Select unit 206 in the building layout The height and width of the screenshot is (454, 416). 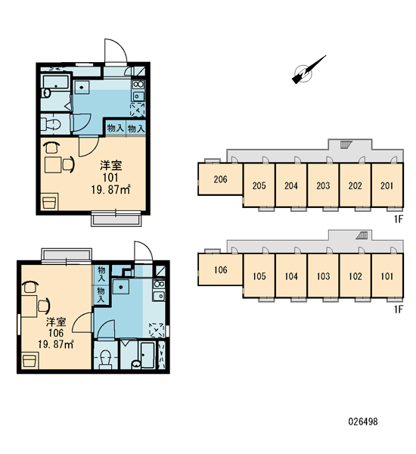point(220,179)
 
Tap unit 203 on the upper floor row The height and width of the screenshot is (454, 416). point(323,185)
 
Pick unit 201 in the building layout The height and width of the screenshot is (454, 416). point(387,185)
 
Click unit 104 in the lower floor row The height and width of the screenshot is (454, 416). point(291,276)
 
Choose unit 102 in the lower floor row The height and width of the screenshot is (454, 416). point(355,276)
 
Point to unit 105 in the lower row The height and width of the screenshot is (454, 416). point(259,276)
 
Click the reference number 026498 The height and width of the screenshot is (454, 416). point(363,421)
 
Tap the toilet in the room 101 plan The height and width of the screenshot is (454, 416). point(51,125)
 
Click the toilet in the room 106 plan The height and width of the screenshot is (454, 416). point(105,359)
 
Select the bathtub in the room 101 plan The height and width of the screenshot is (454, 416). point(55,82)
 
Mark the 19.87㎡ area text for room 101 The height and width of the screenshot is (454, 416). point(110,190)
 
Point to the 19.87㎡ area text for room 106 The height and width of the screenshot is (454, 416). point(55,344)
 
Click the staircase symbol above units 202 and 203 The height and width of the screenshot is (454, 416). point(345,145)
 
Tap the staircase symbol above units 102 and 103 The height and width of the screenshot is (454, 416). point(362,235)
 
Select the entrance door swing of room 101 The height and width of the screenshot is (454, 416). point(116,51)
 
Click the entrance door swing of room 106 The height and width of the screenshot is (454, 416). point(143,251)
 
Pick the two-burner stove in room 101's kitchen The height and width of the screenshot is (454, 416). point(138,84)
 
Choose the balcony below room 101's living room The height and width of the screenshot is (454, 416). point(116,219)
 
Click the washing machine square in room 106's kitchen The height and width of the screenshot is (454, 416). point(121,287)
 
